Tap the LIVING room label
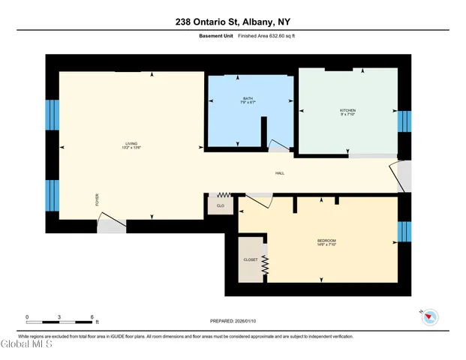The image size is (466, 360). tap(131, 143)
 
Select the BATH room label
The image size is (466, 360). tap(248, 99)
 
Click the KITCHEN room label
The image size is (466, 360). tap(347, 110)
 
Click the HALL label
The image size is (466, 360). tap(279, 173)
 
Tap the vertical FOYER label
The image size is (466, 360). tap(96, 199)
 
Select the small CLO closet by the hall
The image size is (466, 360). tap(221, 205)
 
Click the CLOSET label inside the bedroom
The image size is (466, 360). tap(250, 259)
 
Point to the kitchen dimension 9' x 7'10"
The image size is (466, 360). tap(347, 115)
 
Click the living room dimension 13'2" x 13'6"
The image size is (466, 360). tap(131, 148)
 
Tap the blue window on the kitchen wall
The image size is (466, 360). tap(404, 121)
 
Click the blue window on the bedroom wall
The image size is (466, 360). tap(404, 231)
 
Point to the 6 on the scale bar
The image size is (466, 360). tap(92, 317)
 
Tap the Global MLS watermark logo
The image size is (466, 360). tap(27, 345)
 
